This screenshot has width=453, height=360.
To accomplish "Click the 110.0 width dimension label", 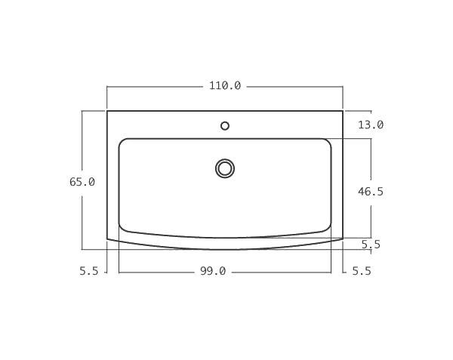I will point(225,86).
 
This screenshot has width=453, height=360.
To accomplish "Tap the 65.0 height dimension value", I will point(82,182).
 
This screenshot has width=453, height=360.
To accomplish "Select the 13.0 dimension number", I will point(371,125).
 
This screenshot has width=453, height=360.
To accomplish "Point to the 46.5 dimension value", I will point(371,192).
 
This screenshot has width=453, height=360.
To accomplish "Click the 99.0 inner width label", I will point(213,272).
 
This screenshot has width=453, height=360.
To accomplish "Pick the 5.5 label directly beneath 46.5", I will point(371,244).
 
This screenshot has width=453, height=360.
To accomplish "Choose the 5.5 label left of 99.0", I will point(89,272).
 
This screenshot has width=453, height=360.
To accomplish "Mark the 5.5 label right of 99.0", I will point(362,272).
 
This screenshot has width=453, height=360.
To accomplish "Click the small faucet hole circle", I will point(225,126).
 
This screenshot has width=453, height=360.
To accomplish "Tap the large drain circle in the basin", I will point(225,168).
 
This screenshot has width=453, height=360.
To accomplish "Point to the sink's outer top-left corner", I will point(107,111).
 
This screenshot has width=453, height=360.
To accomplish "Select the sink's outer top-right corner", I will point(343,111).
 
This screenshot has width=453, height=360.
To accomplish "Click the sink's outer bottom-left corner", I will point(107,239).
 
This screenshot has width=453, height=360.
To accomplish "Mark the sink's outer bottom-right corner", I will point(343,239).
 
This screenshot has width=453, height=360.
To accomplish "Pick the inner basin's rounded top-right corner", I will point(328,142).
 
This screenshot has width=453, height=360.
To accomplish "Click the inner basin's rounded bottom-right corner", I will point(328,228).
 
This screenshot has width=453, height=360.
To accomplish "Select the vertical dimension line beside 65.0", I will point(82,219).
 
